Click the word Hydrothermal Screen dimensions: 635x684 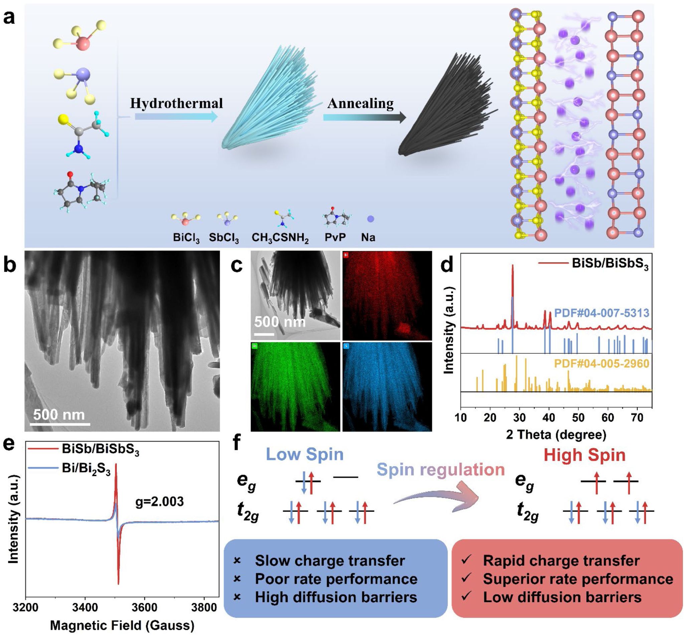[x=176, y=103]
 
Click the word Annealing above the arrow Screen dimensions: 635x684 [x=360, y=103]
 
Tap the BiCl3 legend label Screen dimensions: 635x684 [x=186, y=238]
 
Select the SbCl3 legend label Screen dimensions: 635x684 [x=224, y=238]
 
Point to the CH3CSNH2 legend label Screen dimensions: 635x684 [x=280, y=238]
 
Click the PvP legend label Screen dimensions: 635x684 [x=335, y=237]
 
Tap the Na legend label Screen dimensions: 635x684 [x=368, y=237]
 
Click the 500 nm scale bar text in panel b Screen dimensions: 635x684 [x=59, y=415]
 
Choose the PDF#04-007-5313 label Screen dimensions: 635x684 [x=602, y=313]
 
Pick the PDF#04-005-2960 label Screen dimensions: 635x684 [x=602, y=364]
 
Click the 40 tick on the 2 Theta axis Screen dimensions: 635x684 [x=549, y=418]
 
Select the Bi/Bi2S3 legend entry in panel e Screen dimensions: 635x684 [x=86, y=469]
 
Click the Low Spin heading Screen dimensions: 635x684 [x=305, y=454]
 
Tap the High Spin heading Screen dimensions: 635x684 [x=585, y=455]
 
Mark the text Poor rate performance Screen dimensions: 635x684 [x=336, y=579]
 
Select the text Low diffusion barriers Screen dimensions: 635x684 [x=562, y=597]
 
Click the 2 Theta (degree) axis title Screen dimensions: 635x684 [x=556, y=434]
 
